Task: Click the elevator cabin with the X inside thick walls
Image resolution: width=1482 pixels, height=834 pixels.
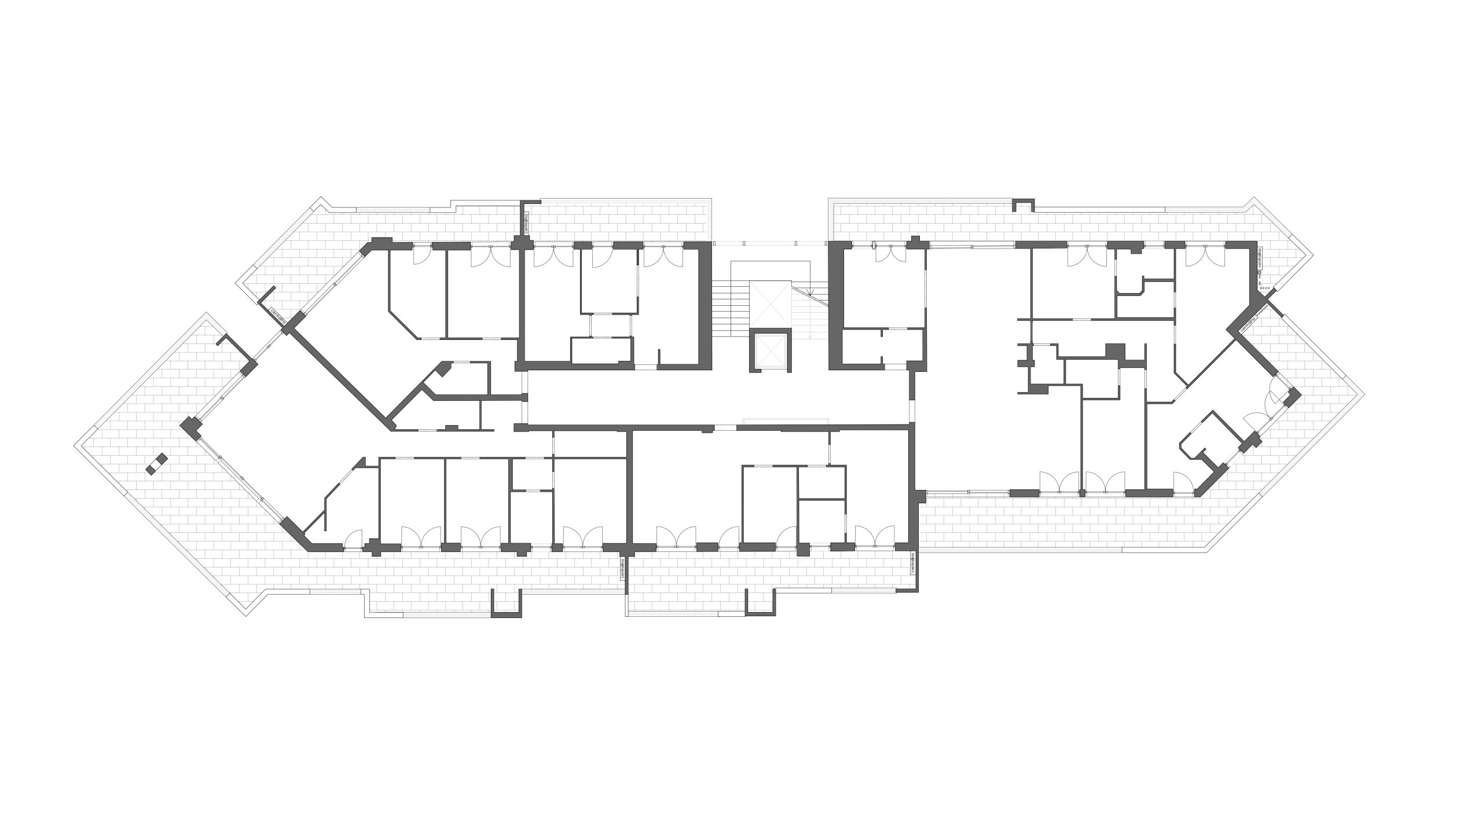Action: (769, 352)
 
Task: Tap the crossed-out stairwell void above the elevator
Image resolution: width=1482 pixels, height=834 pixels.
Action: (770, 304)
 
